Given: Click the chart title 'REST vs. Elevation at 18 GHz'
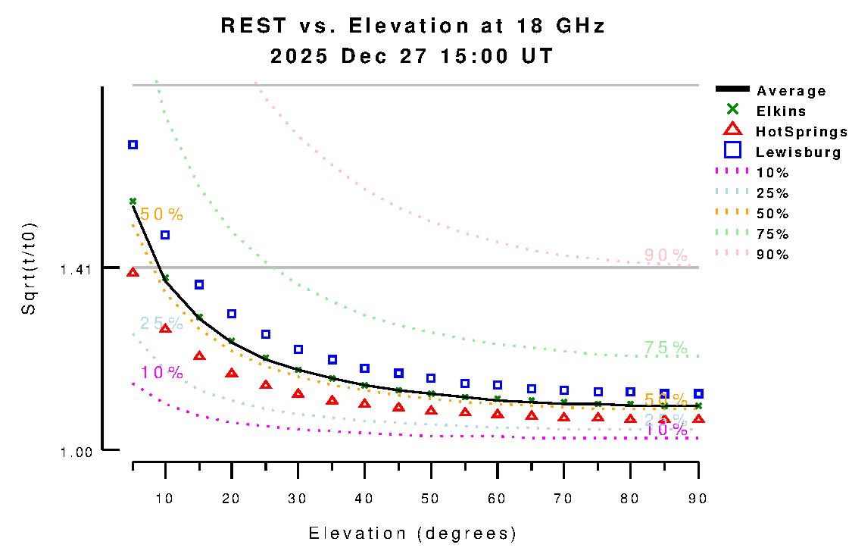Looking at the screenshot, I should [413, 26].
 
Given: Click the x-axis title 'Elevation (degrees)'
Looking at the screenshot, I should [412, 534].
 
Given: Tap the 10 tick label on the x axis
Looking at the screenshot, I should [166, 498].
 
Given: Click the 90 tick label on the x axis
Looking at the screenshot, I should [697, 498].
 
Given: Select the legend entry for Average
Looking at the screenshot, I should [791, 91].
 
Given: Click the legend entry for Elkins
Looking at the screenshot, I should [781, 111].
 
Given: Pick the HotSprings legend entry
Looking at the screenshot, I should [801, 132].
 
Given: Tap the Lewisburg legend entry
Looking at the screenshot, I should [798, 152].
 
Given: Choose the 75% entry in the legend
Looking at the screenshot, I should [772, 234].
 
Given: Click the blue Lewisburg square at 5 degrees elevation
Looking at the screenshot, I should [133, 145].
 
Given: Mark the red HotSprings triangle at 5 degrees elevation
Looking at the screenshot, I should [133, 272].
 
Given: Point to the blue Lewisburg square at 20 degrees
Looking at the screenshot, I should [232, 314].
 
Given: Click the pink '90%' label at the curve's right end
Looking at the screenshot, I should [666, 255].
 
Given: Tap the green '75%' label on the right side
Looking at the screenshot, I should [666, 348].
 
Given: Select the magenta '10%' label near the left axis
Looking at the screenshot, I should [161, 372].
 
